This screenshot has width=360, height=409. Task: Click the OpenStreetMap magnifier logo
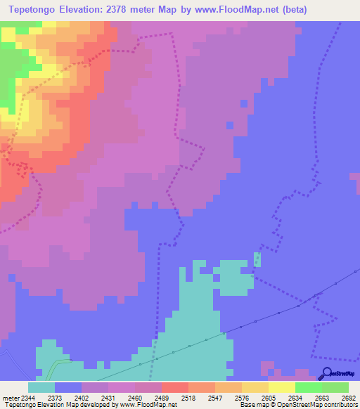click(326, 373)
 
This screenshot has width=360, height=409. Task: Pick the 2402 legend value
click(82, 398)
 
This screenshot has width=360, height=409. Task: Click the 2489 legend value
click(161, 398)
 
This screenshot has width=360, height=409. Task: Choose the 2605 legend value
click(269, 398)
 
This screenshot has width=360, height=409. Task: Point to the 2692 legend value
click(349, 398)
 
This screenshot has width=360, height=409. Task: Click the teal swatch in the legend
click(41, 387)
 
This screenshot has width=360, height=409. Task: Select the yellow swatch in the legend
click(282, 387)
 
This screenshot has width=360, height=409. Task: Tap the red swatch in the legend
click(175, 387)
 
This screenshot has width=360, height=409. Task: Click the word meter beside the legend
click(8, 398)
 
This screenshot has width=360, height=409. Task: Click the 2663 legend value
click(322, 398)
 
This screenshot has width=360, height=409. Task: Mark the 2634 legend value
click(295, 398)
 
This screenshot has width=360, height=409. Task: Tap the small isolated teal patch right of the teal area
click(257, 259)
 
